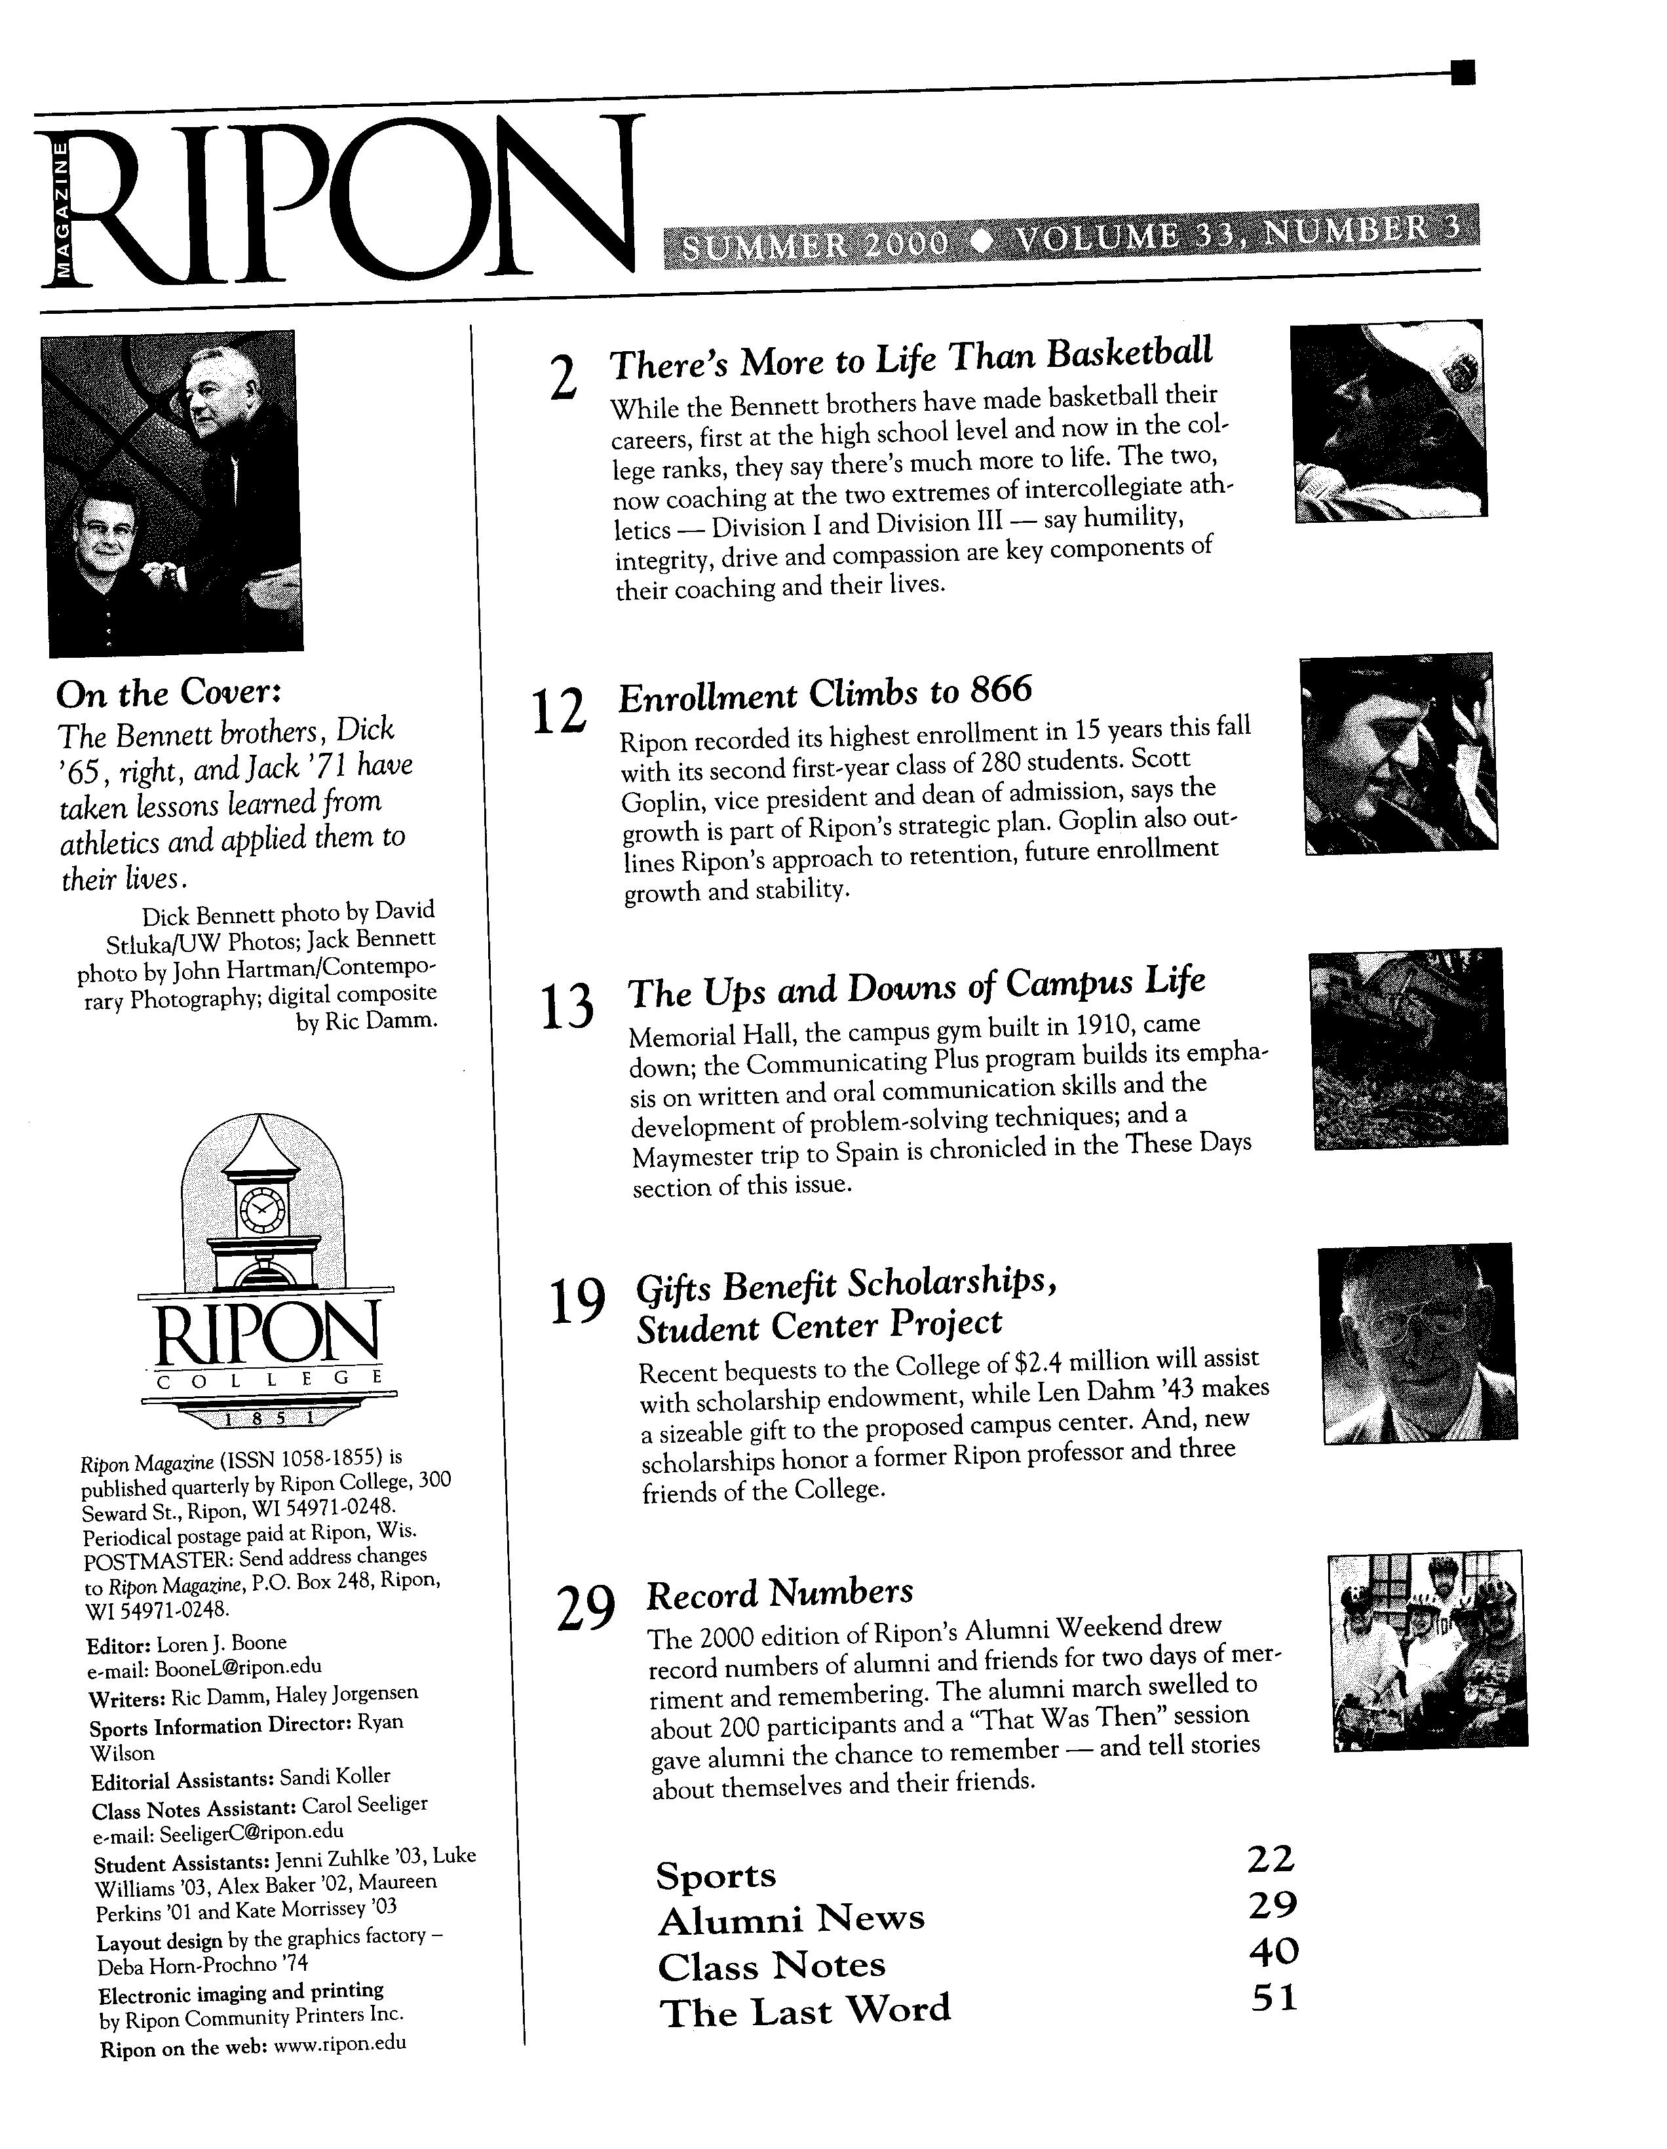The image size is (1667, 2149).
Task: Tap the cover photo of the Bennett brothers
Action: coord(173,492)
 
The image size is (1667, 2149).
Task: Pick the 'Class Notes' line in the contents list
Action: coord(771,1965)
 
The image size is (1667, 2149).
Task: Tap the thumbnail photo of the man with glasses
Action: coord(1416,1343)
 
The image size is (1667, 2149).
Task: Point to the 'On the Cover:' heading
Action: coord(169,694)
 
